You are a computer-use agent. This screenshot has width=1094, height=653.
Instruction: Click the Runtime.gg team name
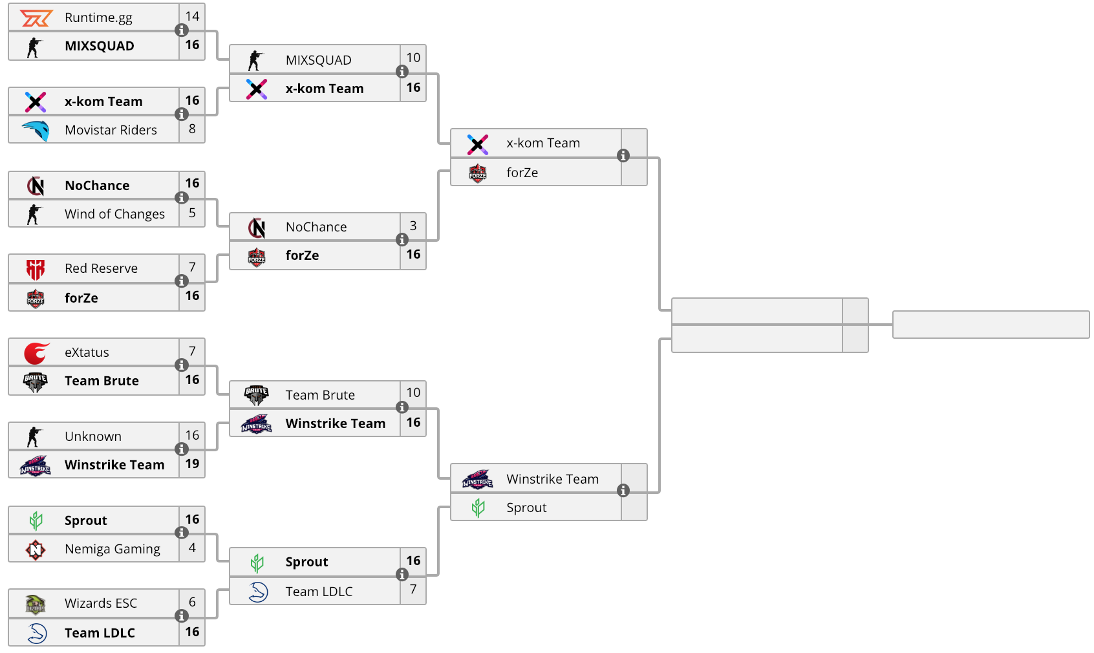(98, 18)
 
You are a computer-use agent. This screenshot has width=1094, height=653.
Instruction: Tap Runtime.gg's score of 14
(192, 16)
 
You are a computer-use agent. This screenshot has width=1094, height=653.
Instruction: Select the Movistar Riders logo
(36, 130)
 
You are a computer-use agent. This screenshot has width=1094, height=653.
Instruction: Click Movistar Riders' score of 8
(192, 129)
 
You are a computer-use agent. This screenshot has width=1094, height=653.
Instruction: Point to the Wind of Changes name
(115, 214)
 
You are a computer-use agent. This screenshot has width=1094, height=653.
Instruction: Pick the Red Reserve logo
(35, 269)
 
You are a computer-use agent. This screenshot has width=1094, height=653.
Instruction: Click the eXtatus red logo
(37, 353)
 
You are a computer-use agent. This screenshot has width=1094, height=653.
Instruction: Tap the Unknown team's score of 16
(192, 435)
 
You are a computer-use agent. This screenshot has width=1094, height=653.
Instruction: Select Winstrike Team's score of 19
(192, 464)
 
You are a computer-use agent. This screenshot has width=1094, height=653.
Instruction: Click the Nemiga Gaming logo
(36, 550)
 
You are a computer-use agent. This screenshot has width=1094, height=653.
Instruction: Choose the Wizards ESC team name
(101, 603)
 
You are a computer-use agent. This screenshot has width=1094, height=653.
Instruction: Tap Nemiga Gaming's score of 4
(192, 548)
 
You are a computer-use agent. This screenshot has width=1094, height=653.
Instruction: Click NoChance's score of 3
(413, 226)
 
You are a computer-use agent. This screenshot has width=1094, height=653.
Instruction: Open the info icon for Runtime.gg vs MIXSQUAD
(181, 30)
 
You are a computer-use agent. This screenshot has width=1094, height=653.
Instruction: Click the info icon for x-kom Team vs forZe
(623, 156)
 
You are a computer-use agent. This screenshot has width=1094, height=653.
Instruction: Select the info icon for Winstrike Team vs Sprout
(623, 490)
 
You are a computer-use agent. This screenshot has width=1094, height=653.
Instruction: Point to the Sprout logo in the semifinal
(478, 508)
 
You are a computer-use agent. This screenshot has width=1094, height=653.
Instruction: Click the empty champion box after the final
(991, 325)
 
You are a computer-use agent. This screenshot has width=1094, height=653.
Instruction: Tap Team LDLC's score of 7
(413, 590)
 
